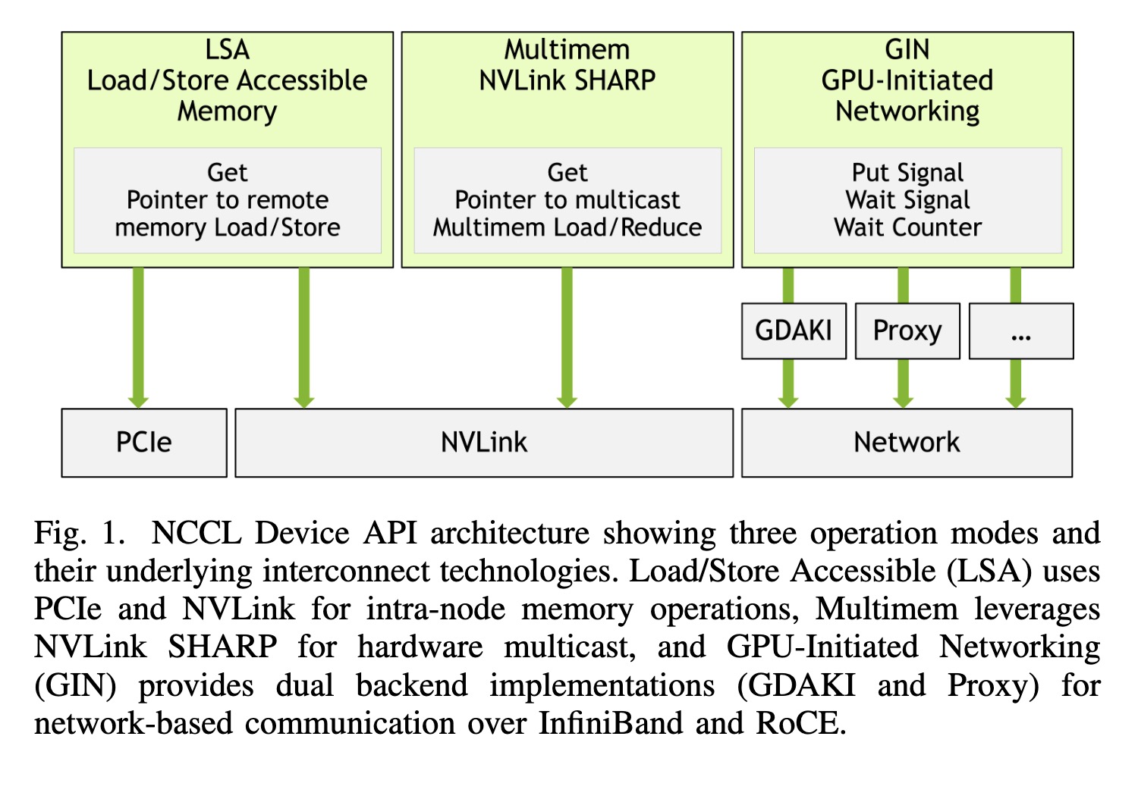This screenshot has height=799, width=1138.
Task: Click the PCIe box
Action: (x=144, y=443)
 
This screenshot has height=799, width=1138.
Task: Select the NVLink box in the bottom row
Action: (x=484, y=443)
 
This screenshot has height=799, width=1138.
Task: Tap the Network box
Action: (x=907, y=443)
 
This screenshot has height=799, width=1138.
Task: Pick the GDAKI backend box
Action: (x=794, y=331)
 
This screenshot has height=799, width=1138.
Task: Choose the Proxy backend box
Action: (x=908, y=331)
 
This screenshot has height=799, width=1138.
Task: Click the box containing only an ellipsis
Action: (x=1022, y=331)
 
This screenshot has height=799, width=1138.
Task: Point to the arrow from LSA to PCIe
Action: (x=138, y=338)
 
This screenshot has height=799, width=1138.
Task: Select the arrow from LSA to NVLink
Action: (x=304, y=338)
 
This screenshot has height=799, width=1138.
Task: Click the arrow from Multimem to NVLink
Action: (x=567, y=338)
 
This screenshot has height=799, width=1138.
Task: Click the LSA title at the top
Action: (x=227, y=50)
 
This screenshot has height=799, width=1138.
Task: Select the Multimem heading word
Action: (x=567, y=50)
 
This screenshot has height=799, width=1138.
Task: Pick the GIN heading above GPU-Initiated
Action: (x=907, y=50)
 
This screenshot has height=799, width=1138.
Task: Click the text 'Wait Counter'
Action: (x=908, y=227)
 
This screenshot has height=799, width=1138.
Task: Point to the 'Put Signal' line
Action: (x=908, y=173)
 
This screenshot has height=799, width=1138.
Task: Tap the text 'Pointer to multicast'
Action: (x=567, y=199)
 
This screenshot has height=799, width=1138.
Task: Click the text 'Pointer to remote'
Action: (x=228, y=199)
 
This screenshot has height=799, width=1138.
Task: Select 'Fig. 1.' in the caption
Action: (x=80, y=534)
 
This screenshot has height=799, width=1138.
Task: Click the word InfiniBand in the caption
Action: (x=611, y=723)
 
